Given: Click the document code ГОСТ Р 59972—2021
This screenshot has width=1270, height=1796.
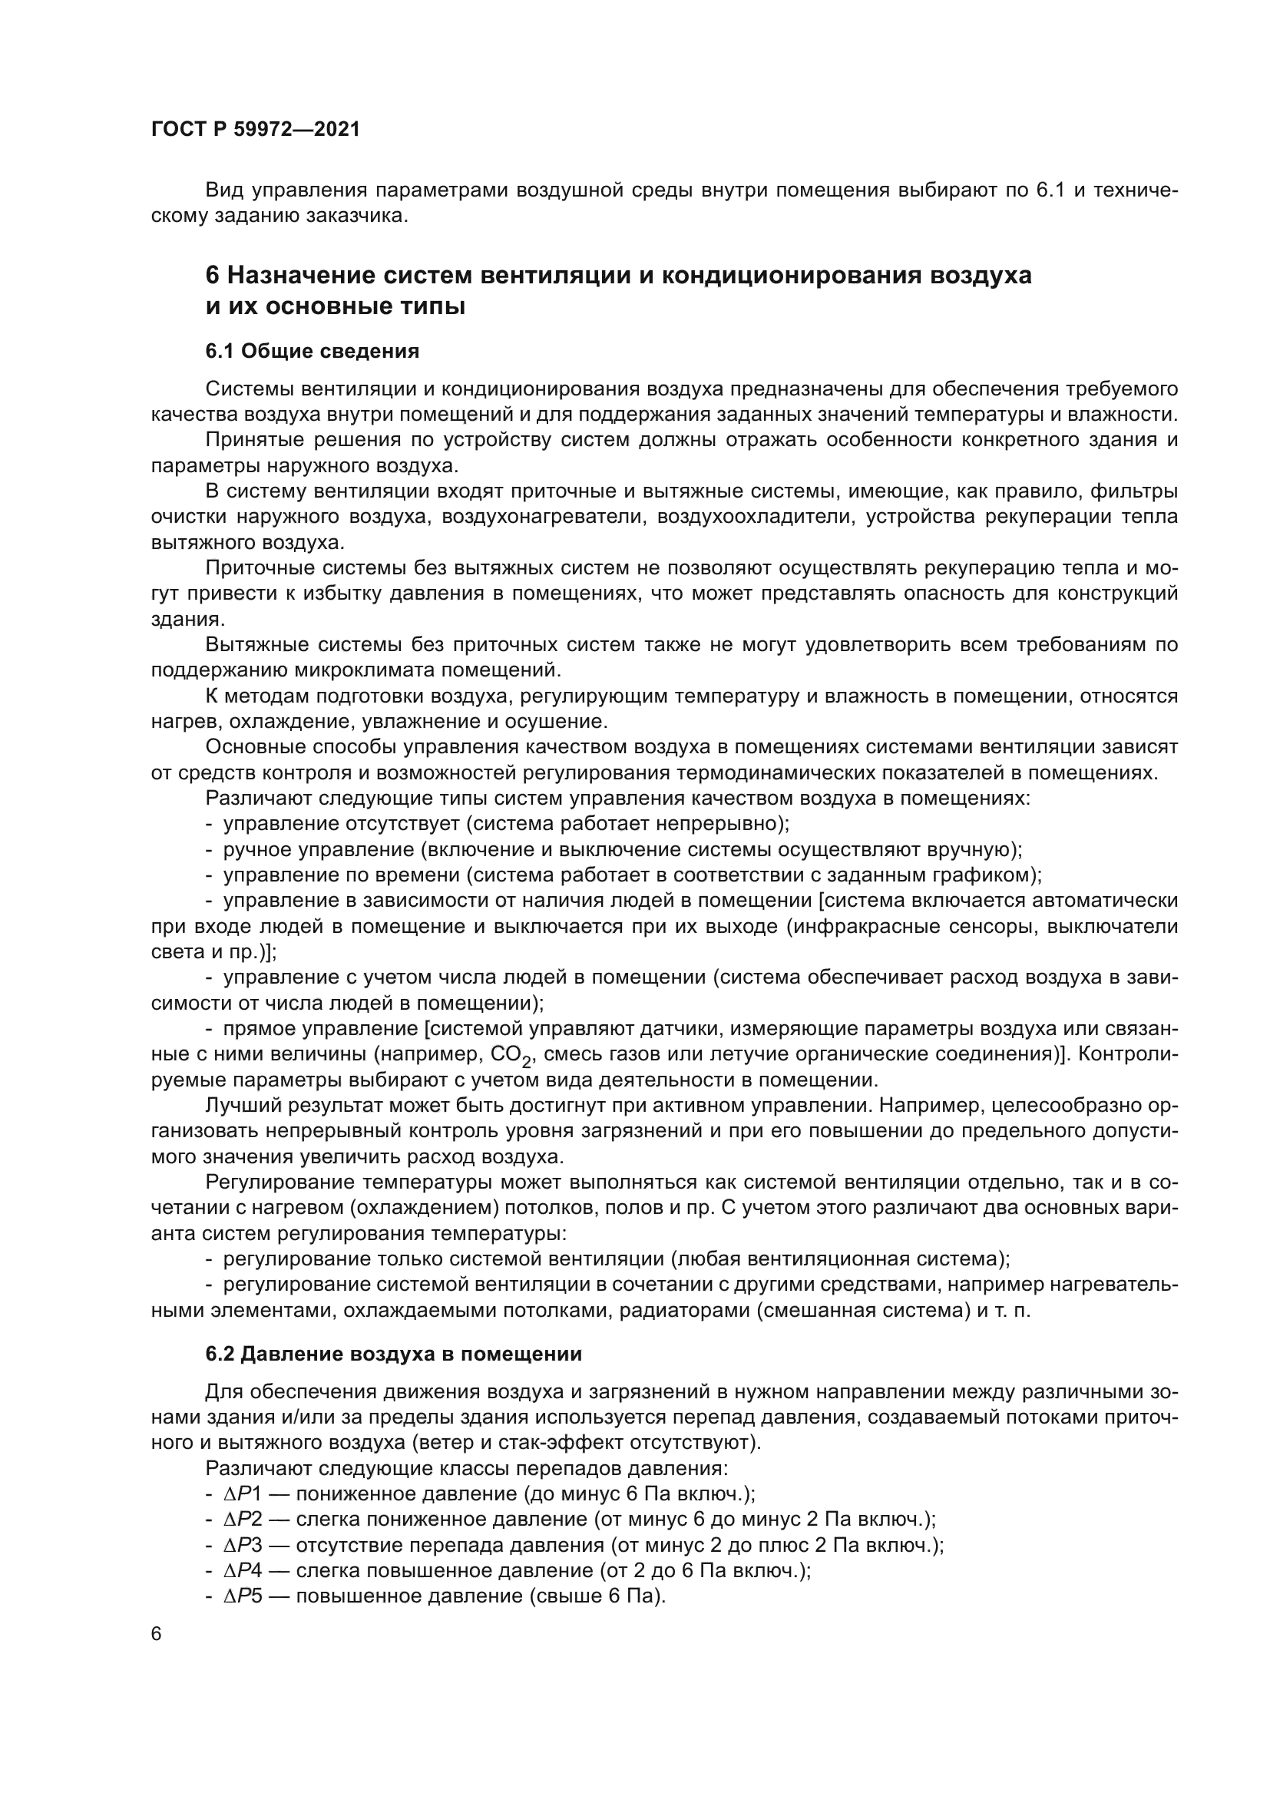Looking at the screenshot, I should click(256, 129).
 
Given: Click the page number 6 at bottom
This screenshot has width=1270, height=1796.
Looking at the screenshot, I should click(157, 1634).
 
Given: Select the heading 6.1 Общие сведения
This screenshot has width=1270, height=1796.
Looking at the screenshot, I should click(312, 351).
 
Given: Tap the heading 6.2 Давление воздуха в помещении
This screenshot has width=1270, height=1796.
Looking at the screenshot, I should click(393, 1354).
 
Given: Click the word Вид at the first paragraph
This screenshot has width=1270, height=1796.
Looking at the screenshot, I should click(222, 190).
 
